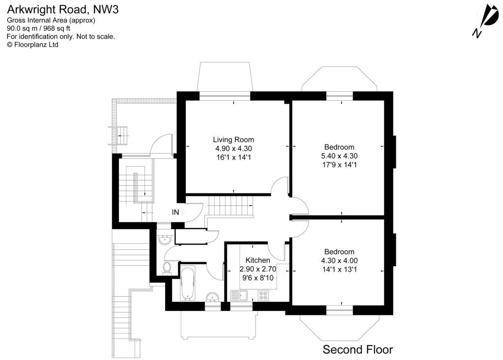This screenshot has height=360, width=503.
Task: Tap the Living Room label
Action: pyautogui.click(x=233, y=139)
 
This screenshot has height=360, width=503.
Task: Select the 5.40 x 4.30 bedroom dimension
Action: pyautogui.click(x=339, y=156)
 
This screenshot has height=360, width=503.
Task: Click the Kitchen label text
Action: pyautogui.click(x=258, y=260)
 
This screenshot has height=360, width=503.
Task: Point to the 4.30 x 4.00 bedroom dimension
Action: pyautogui.click(x=339, y=261)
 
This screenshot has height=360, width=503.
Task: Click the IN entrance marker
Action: pyautogui.click(x=175, y=212)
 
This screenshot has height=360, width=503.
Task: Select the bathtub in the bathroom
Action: pyautogui.click(x=188, y=284)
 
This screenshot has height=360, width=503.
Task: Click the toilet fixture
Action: pyautogui.click(x=167, y=267)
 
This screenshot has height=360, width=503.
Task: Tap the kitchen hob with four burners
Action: pyautogui.click(x=263, y=296)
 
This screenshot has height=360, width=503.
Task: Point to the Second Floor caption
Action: pyautogui.click(x=358, y=350)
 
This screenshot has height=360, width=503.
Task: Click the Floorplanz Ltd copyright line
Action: pyautogui.click(x=32, y=44)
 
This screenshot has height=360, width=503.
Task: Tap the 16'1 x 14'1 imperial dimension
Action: pyautogui.click(x=233, y=157)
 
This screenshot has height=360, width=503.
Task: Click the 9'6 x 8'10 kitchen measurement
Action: pyautogui.click(x=258, y=278)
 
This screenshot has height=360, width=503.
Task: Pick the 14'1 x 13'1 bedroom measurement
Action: pyautogui.click(x=339, y=270)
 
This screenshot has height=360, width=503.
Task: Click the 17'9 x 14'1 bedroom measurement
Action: pyautogui.click(x=339, y=165)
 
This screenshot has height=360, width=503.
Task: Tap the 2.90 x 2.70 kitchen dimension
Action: pyautogui.click(x=258, y=269)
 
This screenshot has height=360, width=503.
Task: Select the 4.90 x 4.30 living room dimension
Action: pyautogui.click(x=233, y=148)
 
